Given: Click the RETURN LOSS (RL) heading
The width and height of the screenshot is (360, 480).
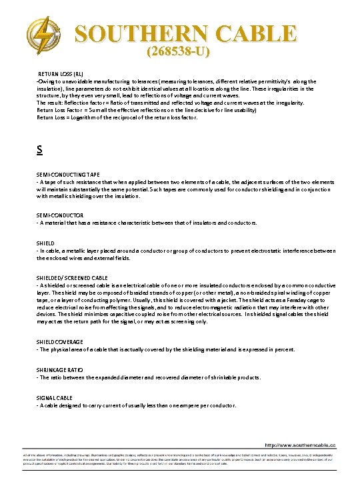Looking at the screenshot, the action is point(60,73).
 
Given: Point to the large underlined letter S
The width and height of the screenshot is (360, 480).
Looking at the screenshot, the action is point(40,151).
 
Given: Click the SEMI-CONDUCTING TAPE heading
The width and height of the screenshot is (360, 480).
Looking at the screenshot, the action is point(68,175).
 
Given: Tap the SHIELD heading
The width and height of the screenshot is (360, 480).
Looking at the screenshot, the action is point(46,243).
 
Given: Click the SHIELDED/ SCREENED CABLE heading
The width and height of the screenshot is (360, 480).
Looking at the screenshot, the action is point(72,277).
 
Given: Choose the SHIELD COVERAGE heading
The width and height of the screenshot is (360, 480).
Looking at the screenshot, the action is point(60,341).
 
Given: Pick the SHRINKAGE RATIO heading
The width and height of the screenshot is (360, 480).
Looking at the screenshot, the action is point(61,369).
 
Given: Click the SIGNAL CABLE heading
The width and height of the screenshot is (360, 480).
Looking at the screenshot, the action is point(55,397).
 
